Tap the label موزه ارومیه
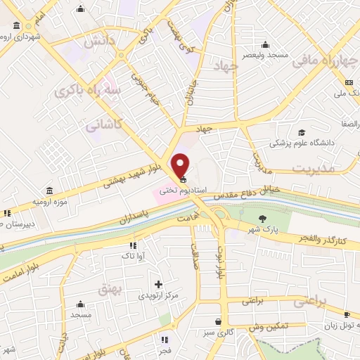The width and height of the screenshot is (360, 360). click(x=33, y=202)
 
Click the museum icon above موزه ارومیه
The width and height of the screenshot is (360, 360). click(x=49, y=191)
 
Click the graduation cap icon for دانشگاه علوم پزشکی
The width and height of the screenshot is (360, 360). click(x=302, y=133)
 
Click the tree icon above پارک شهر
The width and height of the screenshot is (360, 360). click(x=263, y=218)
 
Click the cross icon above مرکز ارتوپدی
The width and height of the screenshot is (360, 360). click(x=158, y=285)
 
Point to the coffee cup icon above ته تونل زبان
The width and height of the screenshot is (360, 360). click(x=347, y=314)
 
